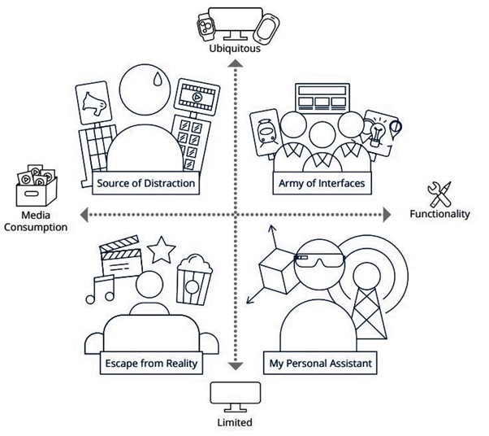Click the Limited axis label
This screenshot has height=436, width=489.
[x=236, y=422]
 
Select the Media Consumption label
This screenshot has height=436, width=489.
[x=35, y=221]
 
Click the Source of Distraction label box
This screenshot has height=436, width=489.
[x=145, y=183]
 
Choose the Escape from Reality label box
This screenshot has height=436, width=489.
[x=151, y=363]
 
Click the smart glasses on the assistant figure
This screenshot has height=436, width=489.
[x=319, y=260]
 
